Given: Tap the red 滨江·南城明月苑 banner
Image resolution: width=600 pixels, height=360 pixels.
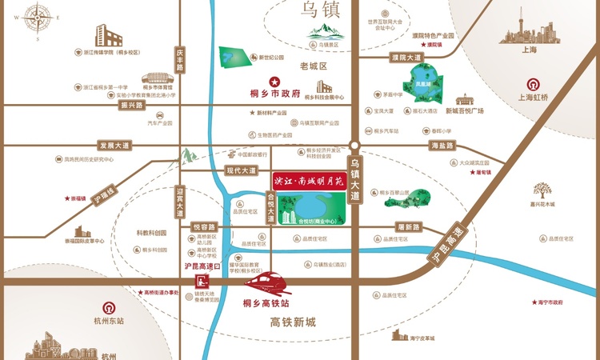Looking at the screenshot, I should point(307,181).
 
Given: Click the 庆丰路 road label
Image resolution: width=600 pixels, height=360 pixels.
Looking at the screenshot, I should point(179,59).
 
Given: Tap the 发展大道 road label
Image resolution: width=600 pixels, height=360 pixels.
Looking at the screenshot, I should point(114,146).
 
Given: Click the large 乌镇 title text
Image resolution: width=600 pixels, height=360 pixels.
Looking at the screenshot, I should point(320,10).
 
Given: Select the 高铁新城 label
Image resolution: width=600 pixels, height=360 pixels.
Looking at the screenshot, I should point(294,322).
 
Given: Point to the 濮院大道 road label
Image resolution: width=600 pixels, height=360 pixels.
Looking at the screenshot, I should point(406,58).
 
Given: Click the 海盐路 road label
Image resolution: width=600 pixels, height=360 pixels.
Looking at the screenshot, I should point(442,146).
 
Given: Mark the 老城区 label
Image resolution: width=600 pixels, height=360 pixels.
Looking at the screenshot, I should point(314,66).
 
